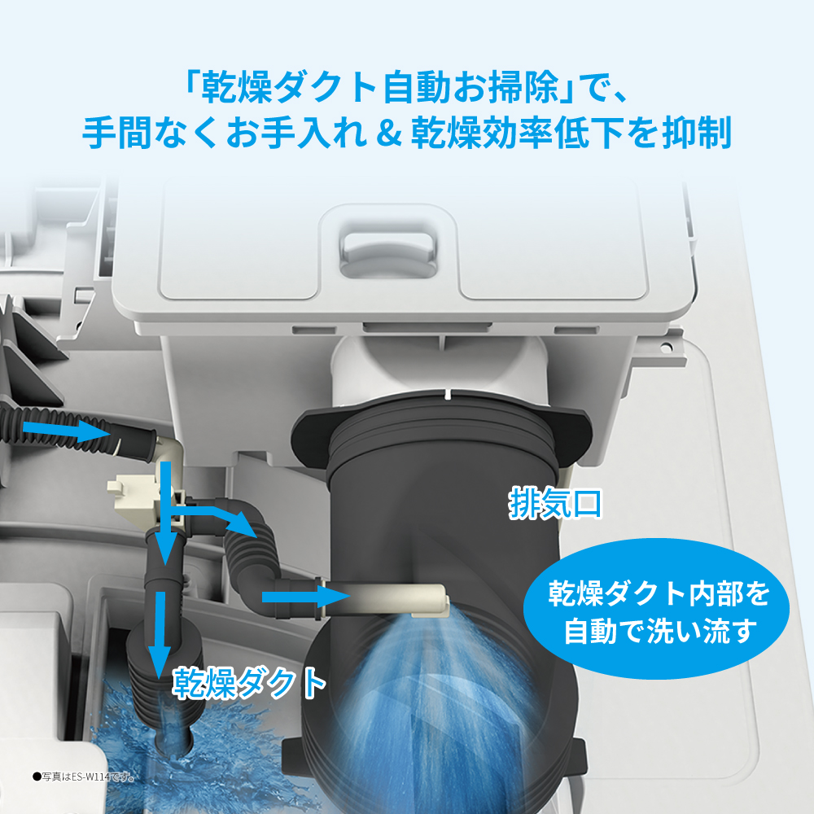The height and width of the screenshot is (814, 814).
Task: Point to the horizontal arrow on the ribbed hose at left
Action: [x=61, y=430]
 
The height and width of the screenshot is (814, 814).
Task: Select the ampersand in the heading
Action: [x=386, y=133]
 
